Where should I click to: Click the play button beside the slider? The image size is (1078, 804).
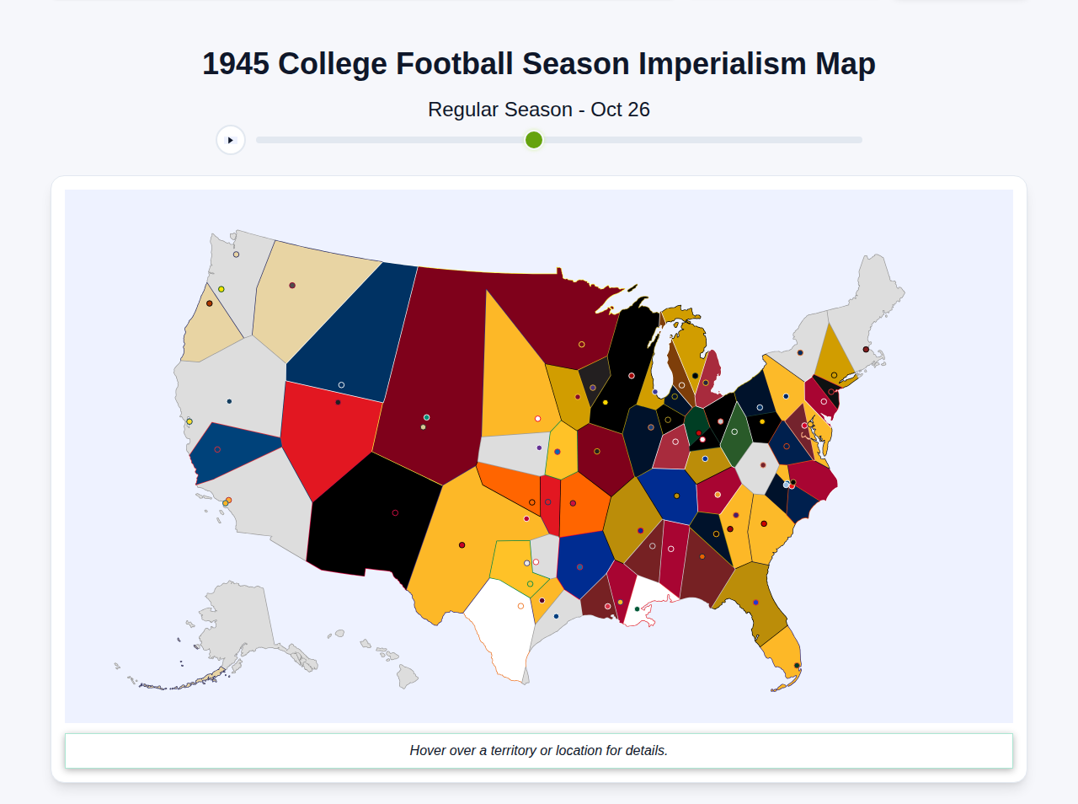pos(231,140)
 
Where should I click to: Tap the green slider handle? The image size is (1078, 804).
pos(534,140)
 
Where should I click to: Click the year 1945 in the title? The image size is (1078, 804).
pos(236,64)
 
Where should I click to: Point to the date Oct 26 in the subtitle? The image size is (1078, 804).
pos(620,110)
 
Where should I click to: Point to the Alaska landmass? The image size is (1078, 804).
pos(236,624)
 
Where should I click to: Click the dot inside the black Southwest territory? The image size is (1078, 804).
pos(395,512)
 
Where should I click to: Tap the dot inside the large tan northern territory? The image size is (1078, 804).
pos(292,286)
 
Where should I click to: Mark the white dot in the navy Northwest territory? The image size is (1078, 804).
pos(341,385)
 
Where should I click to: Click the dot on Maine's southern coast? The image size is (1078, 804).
pos(866,349)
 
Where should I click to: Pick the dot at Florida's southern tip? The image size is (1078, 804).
pos(797,666)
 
